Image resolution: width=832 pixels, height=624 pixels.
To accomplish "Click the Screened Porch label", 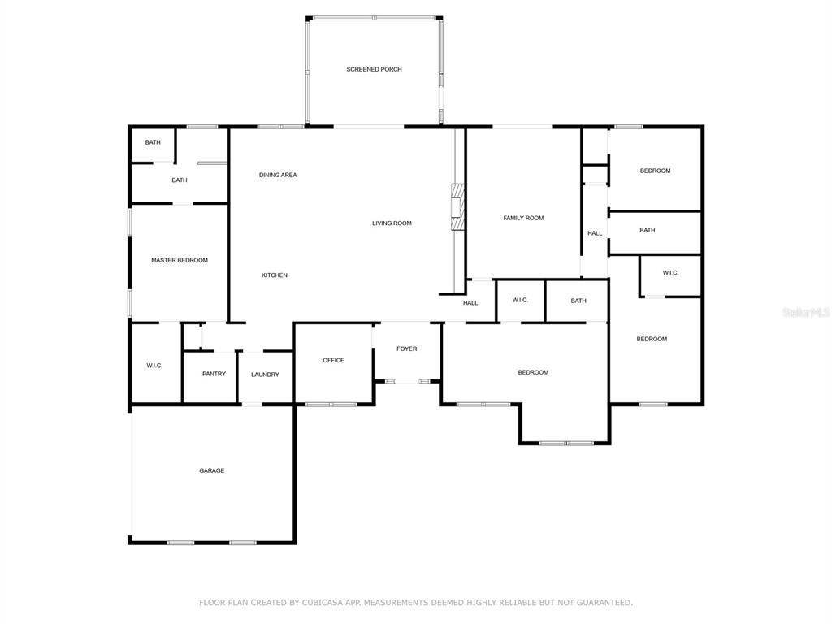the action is [x=374, y=69].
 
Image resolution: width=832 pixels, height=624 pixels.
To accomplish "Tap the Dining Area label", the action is [x=278, y=175].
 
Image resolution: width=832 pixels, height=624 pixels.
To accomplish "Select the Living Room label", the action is [x=392, y=223].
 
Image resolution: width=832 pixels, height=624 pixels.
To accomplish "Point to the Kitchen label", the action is [x=275, y=275].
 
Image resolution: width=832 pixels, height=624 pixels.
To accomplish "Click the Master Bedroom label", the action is [x=180, y=260].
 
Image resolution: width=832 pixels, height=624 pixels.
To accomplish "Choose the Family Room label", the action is [x=524, y=218].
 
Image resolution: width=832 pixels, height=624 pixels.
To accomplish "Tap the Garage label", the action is [x=212, y=470].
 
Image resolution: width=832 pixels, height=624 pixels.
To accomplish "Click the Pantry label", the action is [x=214, y=374].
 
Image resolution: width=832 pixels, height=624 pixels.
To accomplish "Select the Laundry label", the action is [x=266, y=374].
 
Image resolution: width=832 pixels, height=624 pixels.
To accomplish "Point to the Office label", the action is [x=334, y=360].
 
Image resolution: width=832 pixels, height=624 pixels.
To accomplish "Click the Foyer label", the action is [x=407, y=349].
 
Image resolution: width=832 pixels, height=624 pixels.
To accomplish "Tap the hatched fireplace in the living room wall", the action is [x=457, y=207].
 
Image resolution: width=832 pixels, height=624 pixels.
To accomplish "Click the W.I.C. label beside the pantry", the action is [x=154, y=366].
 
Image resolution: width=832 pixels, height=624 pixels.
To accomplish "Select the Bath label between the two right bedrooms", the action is [x=648, y=230].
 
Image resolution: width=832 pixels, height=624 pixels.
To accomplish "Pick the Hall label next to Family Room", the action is [x=595, y=233].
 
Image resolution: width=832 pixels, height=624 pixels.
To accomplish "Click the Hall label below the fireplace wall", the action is [x=470, y=303].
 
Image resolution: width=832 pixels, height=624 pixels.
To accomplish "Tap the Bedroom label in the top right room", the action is [x=656, y=171].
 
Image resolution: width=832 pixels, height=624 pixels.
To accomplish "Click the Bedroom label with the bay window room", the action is [x=533, y=372].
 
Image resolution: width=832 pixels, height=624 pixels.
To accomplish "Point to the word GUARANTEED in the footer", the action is [x=604, y=602].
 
